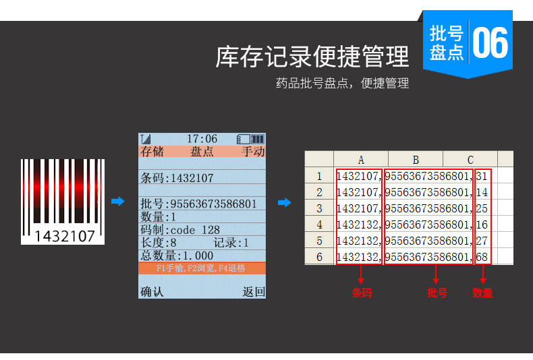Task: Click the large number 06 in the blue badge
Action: [x=490, y=42]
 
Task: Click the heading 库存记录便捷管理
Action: [x=312, y=57]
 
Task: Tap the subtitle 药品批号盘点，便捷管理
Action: [x=342, y=84]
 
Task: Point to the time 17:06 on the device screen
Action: [x=202, y=139]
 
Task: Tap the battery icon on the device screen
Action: [x=250, y=139]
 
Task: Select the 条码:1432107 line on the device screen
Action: [x=177, y=179]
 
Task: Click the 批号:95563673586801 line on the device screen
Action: [x=198, y=204]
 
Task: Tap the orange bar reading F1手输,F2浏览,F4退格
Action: [x=201, y=268]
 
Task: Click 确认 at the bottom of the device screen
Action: [x=151, y=292]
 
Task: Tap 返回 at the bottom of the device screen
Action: [x=254, y=292]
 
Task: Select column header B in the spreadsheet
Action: [x=416, y=160]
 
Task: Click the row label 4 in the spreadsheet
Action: [x=319, y=224]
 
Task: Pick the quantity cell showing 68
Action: [x=482, y=257]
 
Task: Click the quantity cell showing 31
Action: [x=482, y=177]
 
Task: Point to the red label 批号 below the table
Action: [x=437, y=293]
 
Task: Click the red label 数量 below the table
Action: [x=482, y=293]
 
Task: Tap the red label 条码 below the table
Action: [x=361, y=293]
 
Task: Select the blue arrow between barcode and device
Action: [x=118, y=202]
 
